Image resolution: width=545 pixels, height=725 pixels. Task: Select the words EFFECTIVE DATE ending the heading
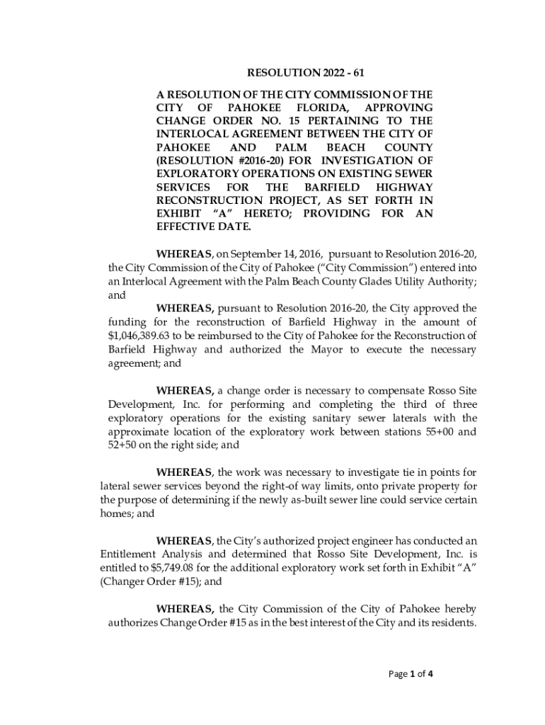click(203, 227)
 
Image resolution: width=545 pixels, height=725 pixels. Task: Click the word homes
click(115, 514)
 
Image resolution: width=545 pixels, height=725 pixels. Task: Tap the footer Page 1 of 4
click(411, 674)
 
